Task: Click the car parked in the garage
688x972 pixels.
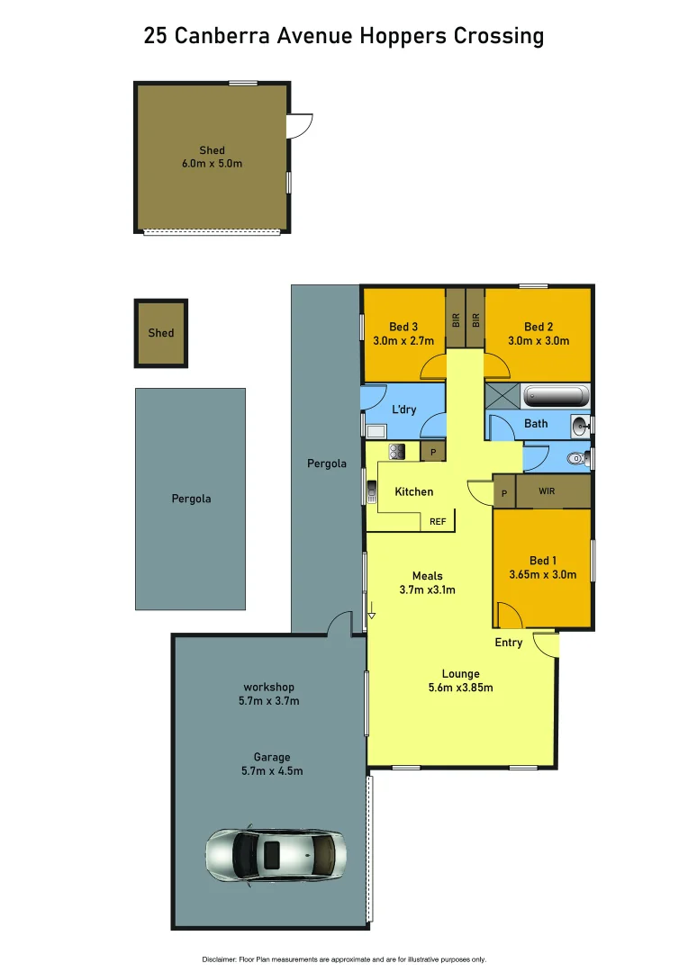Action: tap(269, 854)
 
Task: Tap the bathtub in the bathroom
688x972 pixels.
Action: tap(556, 396)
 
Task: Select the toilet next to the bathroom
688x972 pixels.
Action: tap(575, 458)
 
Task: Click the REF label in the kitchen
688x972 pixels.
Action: tap(438, 521)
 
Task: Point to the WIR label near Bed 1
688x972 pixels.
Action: tap(547, 491)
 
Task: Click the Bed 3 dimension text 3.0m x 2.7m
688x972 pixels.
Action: tap(403, 341)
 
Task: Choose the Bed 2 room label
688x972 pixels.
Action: tap(539, 327)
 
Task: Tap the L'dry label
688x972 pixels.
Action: tap(403, 409)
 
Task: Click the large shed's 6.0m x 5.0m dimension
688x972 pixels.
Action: tap(213, 164)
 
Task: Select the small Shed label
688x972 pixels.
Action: tap(161, 333)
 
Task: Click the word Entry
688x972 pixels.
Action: tap(509, 643)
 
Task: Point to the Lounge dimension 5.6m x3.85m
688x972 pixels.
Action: tap(460, 688)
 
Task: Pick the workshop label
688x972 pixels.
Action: tap(268, 688)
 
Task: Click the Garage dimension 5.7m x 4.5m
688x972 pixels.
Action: tap(271, 771)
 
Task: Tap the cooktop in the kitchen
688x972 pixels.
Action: tap(397, 452)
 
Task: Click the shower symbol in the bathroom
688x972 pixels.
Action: tap(502, 395)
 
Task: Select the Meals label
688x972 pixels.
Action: tap(428, 576)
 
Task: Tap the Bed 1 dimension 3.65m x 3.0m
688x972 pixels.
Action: tap(543, 574)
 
